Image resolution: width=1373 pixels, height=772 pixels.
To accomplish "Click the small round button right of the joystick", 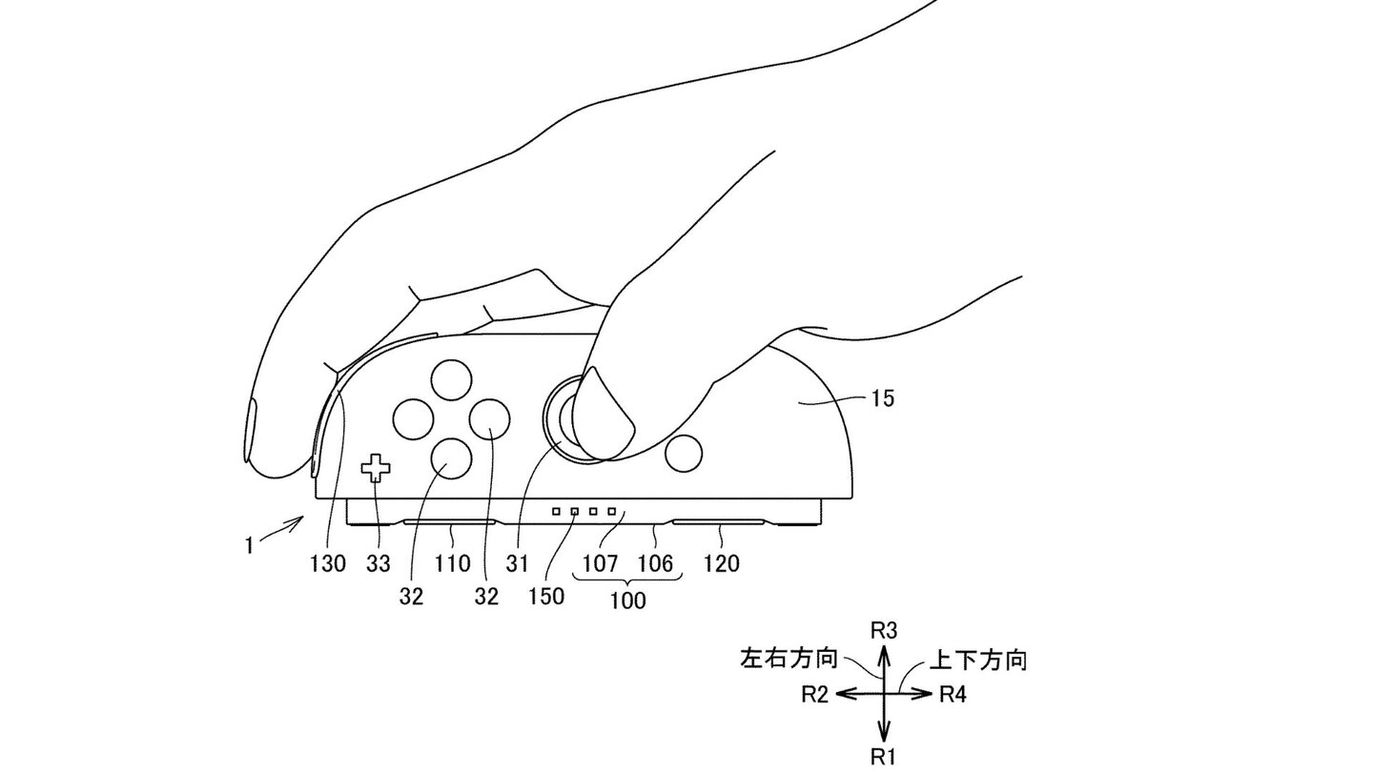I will pyautogui.click(x=683, y=456).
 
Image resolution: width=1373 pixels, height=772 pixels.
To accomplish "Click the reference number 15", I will pyautogui.click(x=883, y=398).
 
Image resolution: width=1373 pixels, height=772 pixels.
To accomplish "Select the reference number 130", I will pyautogui.click(x=327, y=563).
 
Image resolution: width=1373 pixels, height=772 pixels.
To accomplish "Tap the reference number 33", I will pyautogui.click(x=379, y=563).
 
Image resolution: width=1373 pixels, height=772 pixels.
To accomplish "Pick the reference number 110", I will pyautogui.click(x=452, y=563).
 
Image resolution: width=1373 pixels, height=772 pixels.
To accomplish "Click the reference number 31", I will pyautogui.click(x=517, y=563).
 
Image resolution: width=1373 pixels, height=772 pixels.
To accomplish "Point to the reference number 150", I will pyautogui.click(x=546, y=597).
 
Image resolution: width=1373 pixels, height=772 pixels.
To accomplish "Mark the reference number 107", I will pyautogui.click(x=600, y=563).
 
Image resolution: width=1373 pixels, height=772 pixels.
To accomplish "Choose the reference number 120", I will pyautogui.click(x=721, y=563).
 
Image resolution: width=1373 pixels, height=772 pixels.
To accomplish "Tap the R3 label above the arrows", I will pyautogui.click(x=885, y=630).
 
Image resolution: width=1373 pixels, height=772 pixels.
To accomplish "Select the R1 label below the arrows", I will pyautogui.click(x=885, y=758).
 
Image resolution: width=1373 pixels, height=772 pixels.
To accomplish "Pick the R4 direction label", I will pyautogui.click(x=953, y=695).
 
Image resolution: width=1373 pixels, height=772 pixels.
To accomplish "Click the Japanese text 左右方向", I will pyautogui.click(x=789, y=659).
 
